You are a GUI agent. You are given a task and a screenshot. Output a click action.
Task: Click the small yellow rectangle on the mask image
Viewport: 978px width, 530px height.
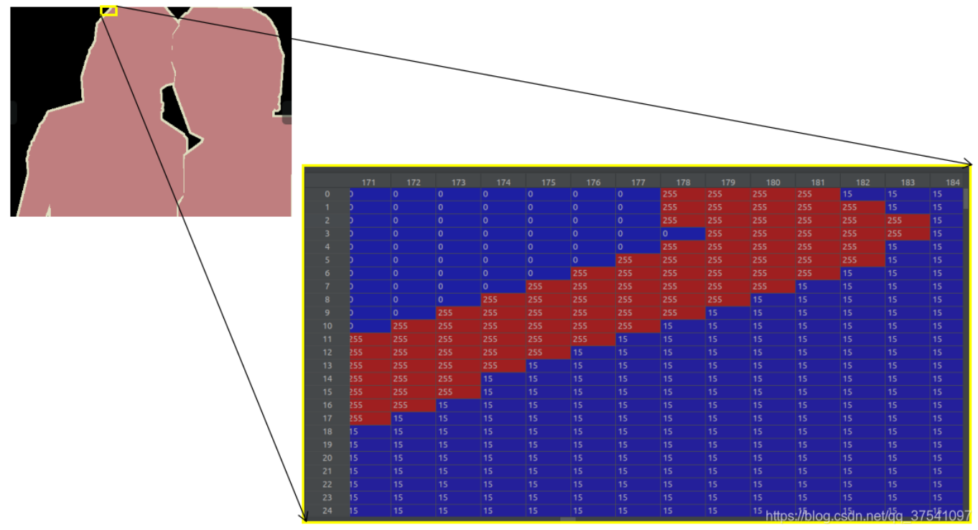pos(108,11)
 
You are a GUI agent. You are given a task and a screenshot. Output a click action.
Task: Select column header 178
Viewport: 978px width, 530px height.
pos(683,182)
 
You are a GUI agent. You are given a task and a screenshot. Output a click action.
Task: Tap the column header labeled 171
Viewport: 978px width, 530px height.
pos(368,182)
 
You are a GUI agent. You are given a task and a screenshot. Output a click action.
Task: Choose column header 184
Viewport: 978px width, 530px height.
pos(953,182)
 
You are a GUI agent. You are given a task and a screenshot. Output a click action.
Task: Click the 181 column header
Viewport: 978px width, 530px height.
pos(818,182)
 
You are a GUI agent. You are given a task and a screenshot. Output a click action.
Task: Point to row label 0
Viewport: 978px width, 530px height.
pos(327,194)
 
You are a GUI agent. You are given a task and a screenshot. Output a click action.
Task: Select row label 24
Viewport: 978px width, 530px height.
pos(327,511)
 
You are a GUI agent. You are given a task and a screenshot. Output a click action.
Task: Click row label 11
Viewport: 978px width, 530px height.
pos(327,339)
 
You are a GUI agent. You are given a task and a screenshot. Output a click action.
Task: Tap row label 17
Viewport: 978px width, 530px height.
pos(327,418)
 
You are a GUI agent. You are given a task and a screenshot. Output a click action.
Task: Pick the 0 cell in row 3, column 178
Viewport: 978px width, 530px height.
pos(683,233)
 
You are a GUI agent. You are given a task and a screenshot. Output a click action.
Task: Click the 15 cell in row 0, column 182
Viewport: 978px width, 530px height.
pos(862,194)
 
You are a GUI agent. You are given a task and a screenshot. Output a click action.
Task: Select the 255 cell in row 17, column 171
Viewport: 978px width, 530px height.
pos(370,418)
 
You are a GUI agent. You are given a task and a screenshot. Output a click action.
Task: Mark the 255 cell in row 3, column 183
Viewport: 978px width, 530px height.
pos(908,233)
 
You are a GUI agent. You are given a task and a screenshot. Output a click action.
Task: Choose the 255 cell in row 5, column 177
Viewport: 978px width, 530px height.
pos(638,260)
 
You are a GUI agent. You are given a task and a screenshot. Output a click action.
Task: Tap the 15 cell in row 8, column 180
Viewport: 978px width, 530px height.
pos(773,299)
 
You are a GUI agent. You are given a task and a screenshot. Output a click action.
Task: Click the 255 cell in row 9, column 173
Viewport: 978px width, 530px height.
pos(458,312)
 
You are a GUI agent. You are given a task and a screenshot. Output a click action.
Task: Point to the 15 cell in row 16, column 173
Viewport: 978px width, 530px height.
pos(458,405)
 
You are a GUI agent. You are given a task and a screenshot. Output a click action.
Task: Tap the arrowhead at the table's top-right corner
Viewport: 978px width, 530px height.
pos(969,162)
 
